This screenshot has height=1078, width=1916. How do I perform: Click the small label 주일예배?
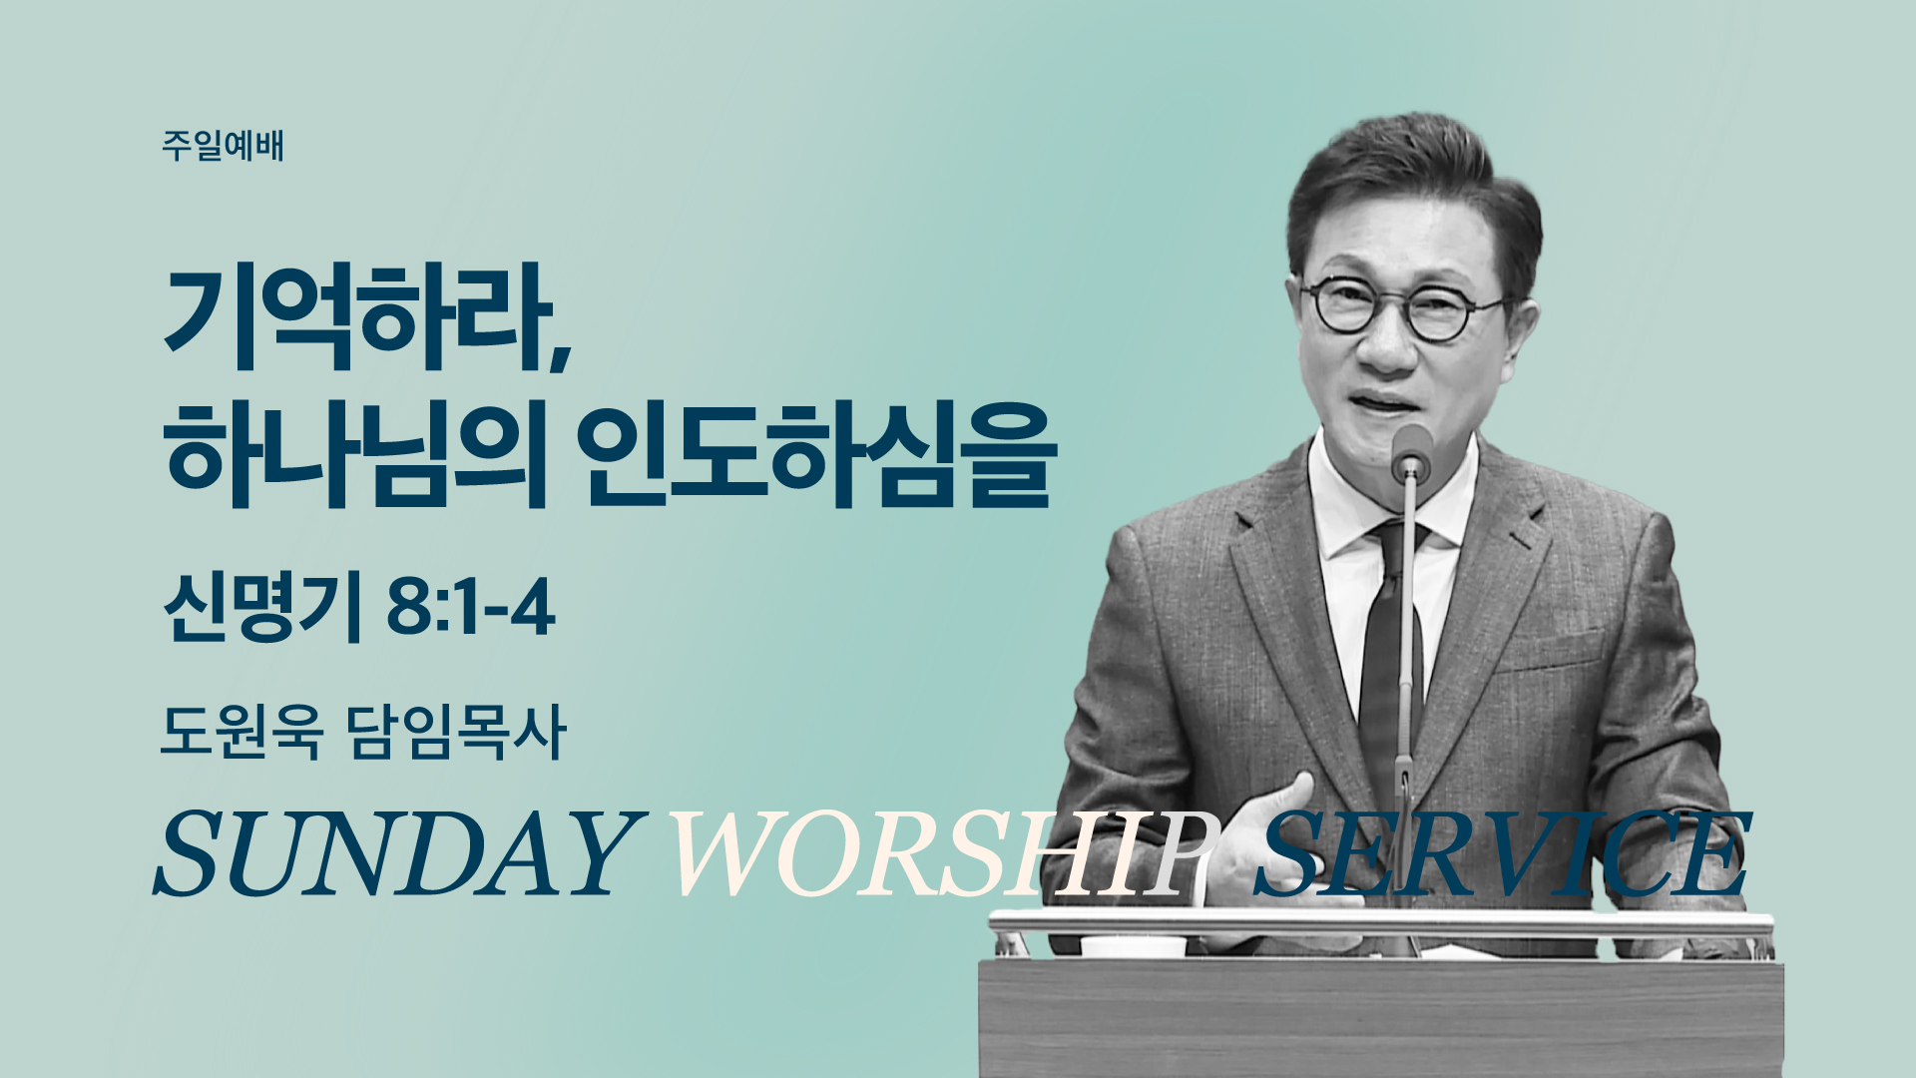223,146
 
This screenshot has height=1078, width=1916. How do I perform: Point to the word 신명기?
261,608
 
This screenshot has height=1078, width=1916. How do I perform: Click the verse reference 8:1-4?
470,608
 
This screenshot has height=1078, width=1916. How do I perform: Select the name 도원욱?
241,732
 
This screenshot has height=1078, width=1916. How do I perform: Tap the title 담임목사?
457,732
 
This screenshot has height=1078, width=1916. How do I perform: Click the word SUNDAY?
394,854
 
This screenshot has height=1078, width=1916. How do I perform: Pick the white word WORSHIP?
943,854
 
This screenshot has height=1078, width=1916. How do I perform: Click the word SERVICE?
1502,854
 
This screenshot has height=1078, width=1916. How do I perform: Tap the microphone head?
1411,451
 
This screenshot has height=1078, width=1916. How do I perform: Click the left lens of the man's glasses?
1337,306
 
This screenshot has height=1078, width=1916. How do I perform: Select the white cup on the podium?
1134,946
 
